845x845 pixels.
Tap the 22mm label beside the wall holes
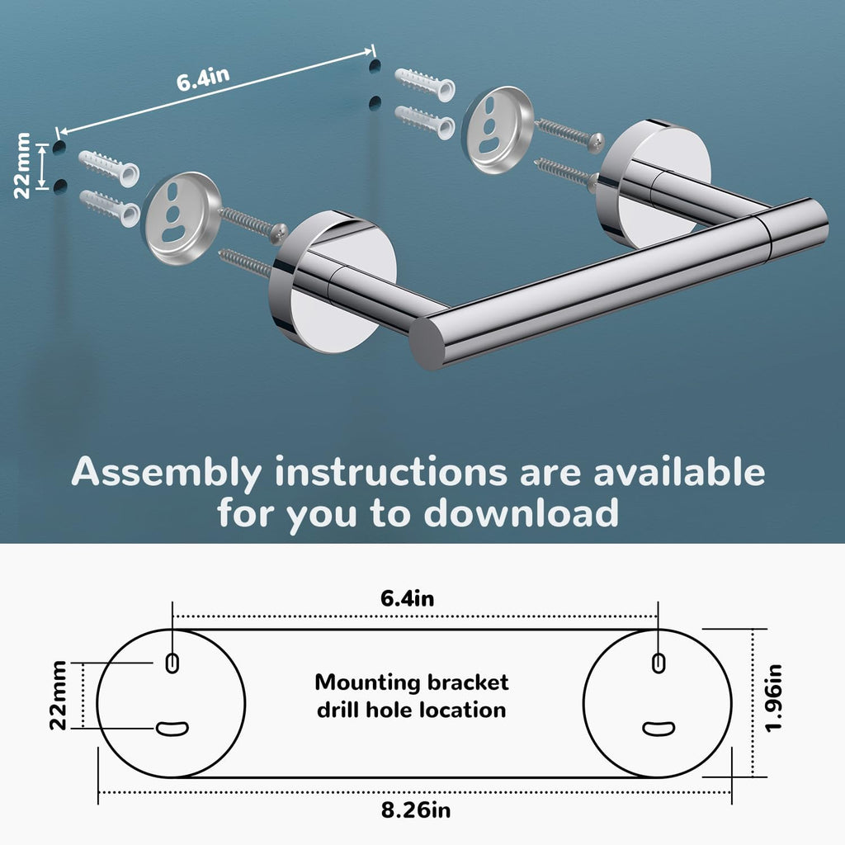click(x=23, y=165)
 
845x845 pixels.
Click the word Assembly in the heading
click(x=166, y=473)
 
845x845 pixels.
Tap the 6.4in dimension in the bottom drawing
click(x=408, y=599)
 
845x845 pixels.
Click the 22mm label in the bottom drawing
click(x=59, y=695)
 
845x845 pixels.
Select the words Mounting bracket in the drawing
click(x=412, y=682)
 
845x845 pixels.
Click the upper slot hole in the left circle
click(x=172, y=662)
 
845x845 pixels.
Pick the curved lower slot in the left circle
click(x=172, y=728)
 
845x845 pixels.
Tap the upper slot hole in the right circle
click(x=658, y=662)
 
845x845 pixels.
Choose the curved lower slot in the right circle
click(x=659, y=728)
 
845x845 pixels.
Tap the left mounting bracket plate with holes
click(x=182, y=218)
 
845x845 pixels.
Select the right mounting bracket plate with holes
click(x=498, y=130)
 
